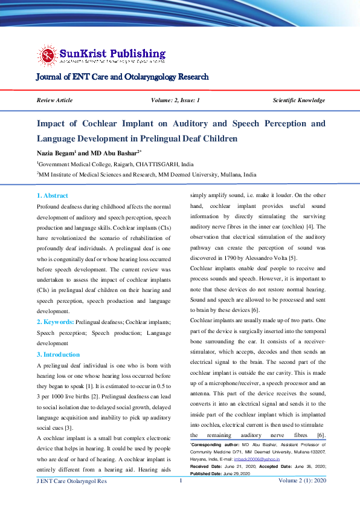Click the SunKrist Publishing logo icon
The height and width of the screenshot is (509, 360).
coord(47,55)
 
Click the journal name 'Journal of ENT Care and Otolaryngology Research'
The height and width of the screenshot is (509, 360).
coord(123,77)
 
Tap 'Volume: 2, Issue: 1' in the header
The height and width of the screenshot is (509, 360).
coord(176,100)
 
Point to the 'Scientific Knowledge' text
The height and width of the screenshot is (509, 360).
coord(298,100)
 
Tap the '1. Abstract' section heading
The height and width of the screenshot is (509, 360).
coord(53,196)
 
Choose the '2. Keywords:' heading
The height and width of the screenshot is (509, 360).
coord(56,323)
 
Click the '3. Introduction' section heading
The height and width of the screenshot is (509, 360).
coord(58,354)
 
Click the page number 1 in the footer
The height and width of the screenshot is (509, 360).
coord(180,497)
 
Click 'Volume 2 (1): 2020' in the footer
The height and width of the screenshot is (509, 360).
coord(302,498)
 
